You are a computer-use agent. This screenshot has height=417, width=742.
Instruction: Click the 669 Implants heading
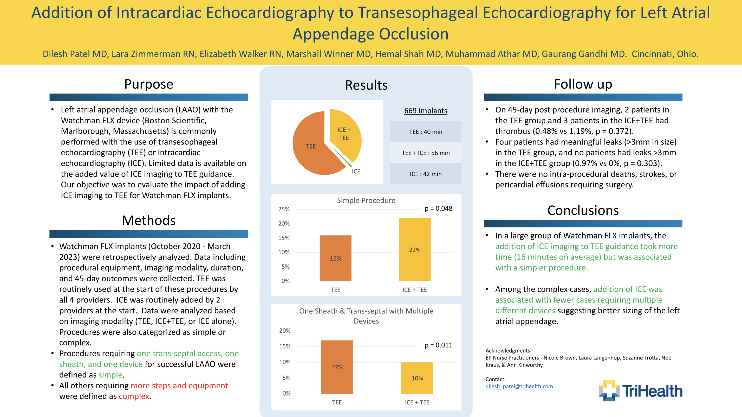pyautogui.click(x=425, y=111)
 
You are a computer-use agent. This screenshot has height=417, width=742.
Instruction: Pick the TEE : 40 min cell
pyautogui.click(x=425, y=132)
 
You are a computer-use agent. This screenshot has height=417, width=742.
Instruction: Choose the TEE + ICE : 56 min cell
pyautogui.click(x=425, y=153)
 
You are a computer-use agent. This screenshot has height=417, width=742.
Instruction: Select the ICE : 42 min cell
pyautogui.click(x=425, y=174)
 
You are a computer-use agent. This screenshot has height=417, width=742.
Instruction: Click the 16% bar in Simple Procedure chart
pyautogui.click(x=335, y=258)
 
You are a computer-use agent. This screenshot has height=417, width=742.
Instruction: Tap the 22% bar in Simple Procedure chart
pyautogui.click(x=414, y=249)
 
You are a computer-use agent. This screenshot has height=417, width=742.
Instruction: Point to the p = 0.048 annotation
pyautogui.click(x=438, y=209)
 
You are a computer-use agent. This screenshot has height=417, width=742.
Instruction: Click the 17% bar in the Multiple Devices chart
pyautogui.click(x=337, y=367)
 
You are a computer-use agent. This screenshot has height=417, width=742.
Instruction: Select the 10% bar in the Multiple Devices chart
pyautogui.click(x=417, y=378)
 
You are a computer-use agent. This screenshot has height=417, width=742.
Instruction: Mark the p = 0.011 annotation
pyautogui.click(x=438, y=345)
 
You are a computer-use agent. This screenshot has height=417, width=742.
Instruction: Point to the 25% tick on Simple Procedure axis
pyautogui.click(x=284, y=209)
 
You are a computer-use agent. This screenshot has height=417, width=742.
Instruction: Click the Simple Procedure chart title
pyautogui.click(x=366, y=200)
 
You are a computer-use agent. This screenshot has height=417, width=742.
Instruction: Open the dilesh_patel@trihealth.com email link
pyautogui.click(x=519, y=387)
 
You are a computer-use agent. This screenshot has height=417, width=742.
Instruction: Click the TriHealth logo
pyautogui.click(x=640, y=391)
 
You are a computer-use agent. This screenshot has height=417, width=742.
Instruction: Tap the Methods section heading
pyautogui.click(x=149, y=220)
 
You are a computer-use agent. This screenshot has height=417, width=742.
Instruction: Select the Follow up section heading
pyautogui.click(x=583, y=84)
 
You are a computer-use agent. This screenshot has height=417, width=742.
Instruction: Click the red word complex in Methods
pyautogui.click(x=134, y=396)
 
